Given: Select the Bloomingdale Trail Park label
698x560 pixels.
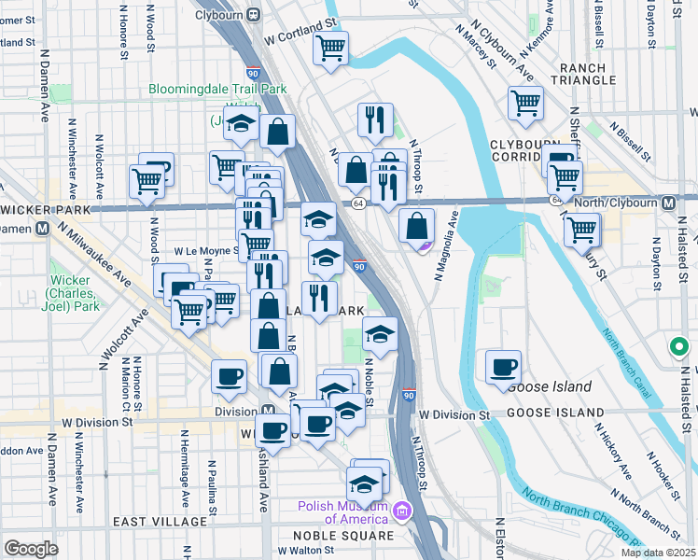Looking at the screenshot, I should point(216,91).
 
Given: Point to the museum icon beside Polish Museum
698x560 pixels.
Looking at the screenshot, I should point(402,510).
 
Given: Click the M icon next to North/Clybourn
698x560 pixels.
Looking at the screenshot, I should point(668,203).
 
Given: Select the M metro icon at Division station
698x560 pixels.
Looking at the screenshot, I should point(268,411).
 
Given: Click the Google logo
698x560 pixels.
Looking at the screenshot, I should point(31,549).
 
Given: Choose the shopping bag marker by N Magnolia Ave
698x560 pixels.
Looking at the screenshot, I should point(417,226).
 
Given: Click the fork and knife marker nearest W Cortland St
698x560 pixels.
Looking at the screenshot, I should point(370,119).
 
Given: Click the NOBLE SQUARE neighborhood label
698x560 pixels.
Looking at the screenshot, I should point(343,536).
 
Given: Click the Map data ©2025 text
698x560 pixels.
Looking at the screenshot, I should point(658,553).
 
